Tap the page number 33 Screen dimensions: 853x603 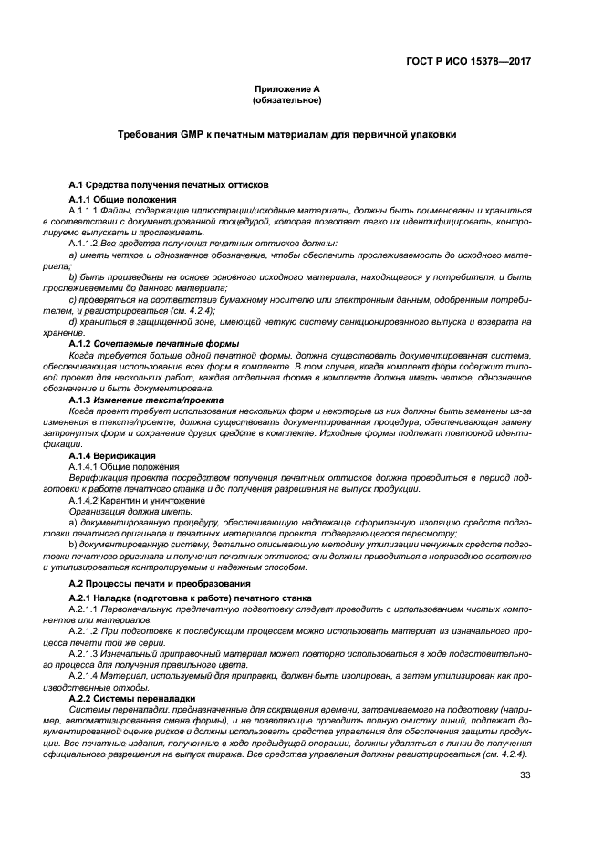(x=525, y=775)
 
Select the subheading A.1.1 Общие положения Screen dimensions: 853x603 (x=122, y=199)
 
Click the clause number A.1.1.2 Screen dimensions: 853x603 (x=84, y=243)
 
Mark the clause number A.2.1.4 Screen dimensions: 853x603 (x=84, y=675)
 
